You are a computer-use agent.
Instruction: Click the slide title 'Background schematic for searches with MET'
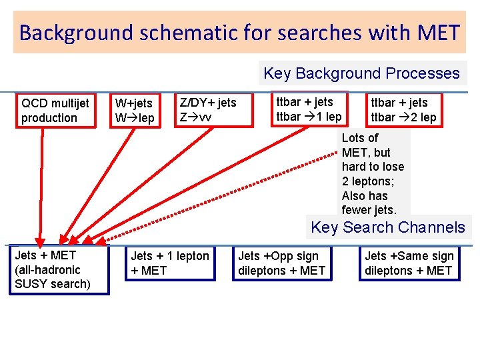click(239, 32)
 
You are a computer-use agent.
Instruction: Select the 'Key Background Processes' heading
click(361, 73)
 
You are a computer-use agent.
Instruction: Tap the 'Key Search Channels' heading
click(388, 227)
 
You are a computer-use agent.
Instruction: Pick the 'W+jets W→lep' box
click(136, 111)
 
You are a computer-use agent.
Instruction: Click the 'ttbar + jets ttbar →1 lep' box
click(309, 109)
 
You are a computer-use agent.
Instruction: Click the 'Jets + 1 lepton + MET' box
click(170, 263)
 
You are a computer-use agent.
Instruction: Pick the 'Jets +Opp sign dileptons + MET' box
click(282, 263)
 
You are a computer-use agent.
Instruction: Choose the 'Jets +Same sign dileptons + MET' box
click(409, 263)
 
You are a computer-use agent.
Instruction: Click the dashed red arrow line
click(220, 193)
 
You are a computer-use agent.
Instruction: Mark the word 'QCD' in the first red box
click(34, 103)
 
